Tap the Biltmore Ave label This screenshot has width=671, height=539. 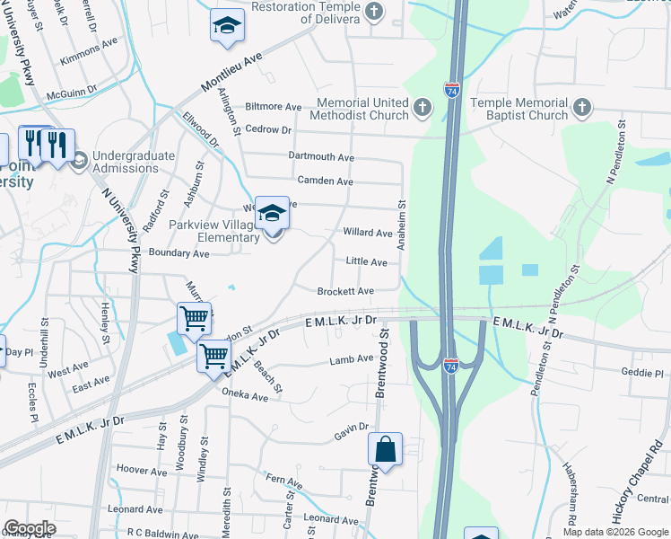pos(274,107)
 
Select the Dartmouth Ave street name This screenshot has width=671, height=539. pos(321,156)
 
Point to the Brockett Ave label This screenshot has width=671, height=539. pos(345,291)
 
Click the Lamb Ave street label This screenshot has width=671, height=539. pos(351,358)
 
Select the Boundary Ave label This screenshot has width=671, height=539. pos(179,253)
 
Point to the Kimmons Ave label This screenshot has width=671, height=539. pos(89,51)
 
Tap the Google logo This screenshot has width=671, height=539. pos(30,528)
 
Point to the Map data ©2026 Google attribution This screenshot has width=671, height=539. pos(614,532)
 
